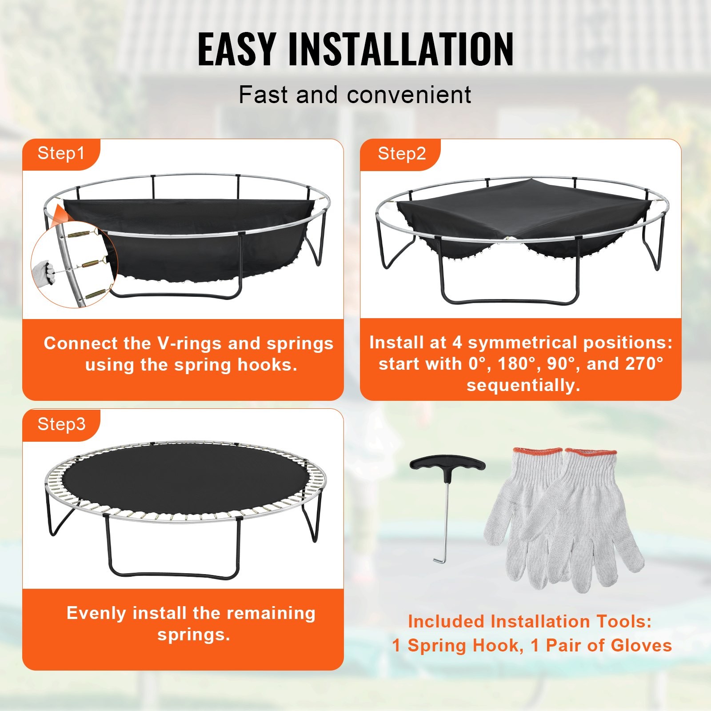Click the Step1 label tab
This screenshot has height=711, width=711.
[61, 153]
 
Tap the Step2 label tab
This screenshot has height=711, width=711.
[402, 154]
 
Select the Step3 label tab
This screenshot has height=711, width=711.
[61, 424]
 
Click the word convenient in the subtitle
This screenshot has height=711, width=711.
[409, 95]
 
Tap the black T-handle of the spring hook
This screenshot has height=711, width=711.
[447, 464]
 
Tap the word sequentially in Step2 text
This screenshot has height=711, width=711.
[523, 385]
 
